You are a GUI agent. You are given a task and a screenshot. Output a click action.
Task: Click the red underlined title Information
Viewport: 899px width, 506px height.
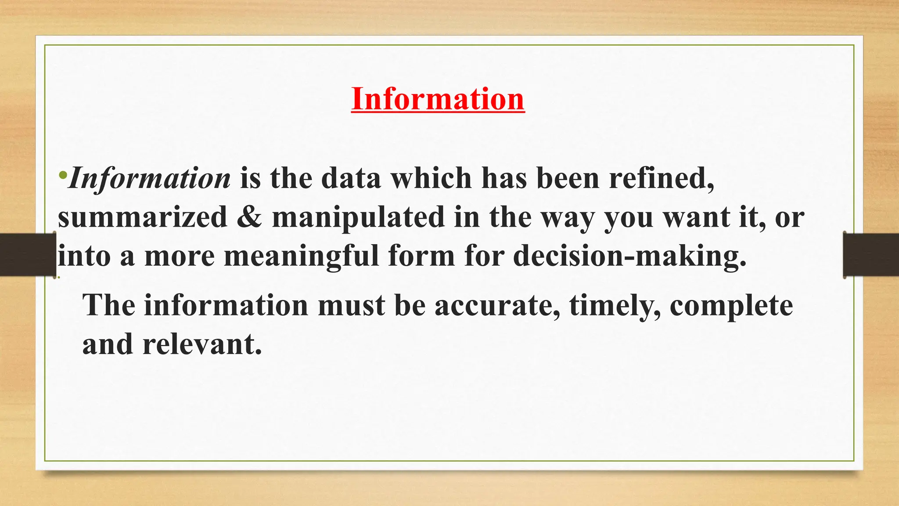tap(438, 99)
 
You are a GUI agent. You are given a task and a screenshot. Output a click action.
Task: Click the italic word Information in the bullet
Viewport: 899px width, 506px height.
tap(150, 178)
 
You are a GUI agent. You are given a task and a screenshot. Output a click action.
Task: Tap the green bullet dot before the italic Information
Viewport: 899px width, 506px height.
tap(63, 175)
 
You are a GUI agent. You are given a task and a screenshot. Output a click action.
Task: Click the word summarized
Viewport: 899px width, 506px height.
tap(143, 217)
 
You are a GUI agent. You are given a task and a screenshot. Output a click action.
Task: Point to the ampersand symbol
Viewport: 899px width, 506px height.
tap(249, 217)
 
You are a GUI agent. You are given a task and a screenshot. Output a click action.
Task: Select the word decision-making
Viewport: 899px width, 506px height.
tap(629, 256)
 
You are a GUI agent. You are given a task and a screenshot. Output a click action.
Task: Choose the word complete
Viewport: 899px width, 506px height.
tap(731, 306)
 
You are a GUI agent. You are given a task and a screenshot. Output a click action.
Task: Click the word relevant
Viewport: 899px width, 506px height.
tap(202, 344)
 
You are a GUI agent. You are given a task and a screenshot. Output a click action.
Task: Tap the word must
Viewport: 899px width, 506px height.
tap(352, 305)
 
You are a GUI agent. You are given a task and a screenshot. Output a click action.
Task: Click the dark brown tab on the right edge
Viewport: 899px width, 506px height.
tap(871, 255)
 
